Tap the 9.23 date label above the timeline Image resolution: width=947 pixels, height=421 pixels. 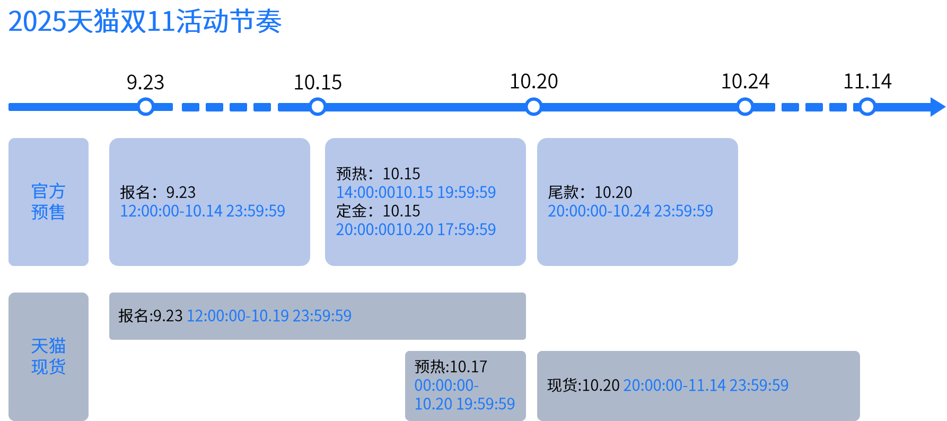[x=145, y=82]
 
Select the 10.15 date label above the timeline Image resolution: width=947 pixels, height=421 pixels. [x=318, y=82]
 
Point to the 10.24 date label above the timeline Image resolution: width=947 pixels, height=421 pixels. [x=745, y=81]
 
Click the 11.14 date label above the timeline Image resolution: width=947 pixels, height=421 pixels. [x=867, y=81]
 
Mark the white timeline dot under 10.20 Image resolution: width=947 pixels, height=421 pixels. [x=533, y=107]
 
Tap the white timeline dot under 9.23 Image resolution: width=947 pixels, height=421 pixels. [x=145, y=107]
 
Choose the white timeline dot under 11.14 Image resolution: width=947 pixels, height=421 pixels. [x=867, y=107]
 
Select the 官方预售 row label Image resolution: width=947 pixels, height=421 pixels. [x=48, y=202]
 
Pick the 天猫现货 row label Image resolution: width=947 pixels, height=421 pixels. [x=48, y=356]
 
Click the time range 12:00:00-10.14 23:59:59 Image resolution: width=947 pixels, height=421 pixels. [x=203, y=211]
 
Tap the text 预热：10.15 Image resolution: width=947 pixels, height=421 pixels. [x=378, y=174]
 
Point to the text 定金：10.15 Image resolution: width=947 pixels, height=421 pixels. [x=378, y=211]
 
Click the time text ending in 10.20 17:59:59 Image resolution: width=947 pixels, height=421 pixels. [x=416, y=229]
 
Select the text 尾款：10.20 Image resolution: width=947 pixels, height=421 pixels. [x=590, y=192]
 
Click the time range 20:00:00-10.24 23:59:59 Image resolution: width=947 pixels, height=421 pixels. [x=630, y=211]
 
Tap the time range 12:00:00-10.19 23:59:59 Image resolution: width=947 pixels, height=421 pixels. [x=269, y=316]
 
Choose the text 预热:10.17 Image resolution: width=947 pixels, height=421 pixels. [x=451, y=367]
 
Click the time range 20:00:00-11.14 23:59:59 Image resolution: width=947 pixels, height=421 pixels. [x=706, y=385]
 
